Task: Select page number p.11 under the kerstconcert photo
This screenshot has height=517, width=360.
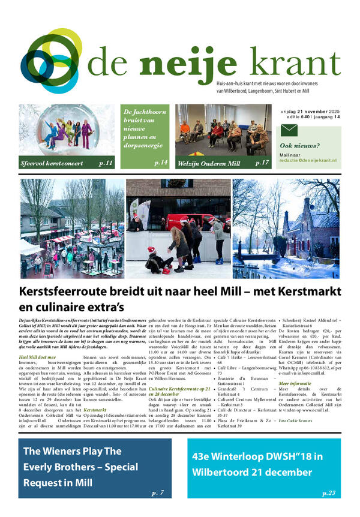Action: [106, 163]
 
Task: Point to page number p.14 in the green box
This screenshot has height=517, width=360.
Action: [160, 163]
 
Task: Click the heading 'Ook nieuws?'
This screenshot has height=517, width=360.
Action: [300, 146]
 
